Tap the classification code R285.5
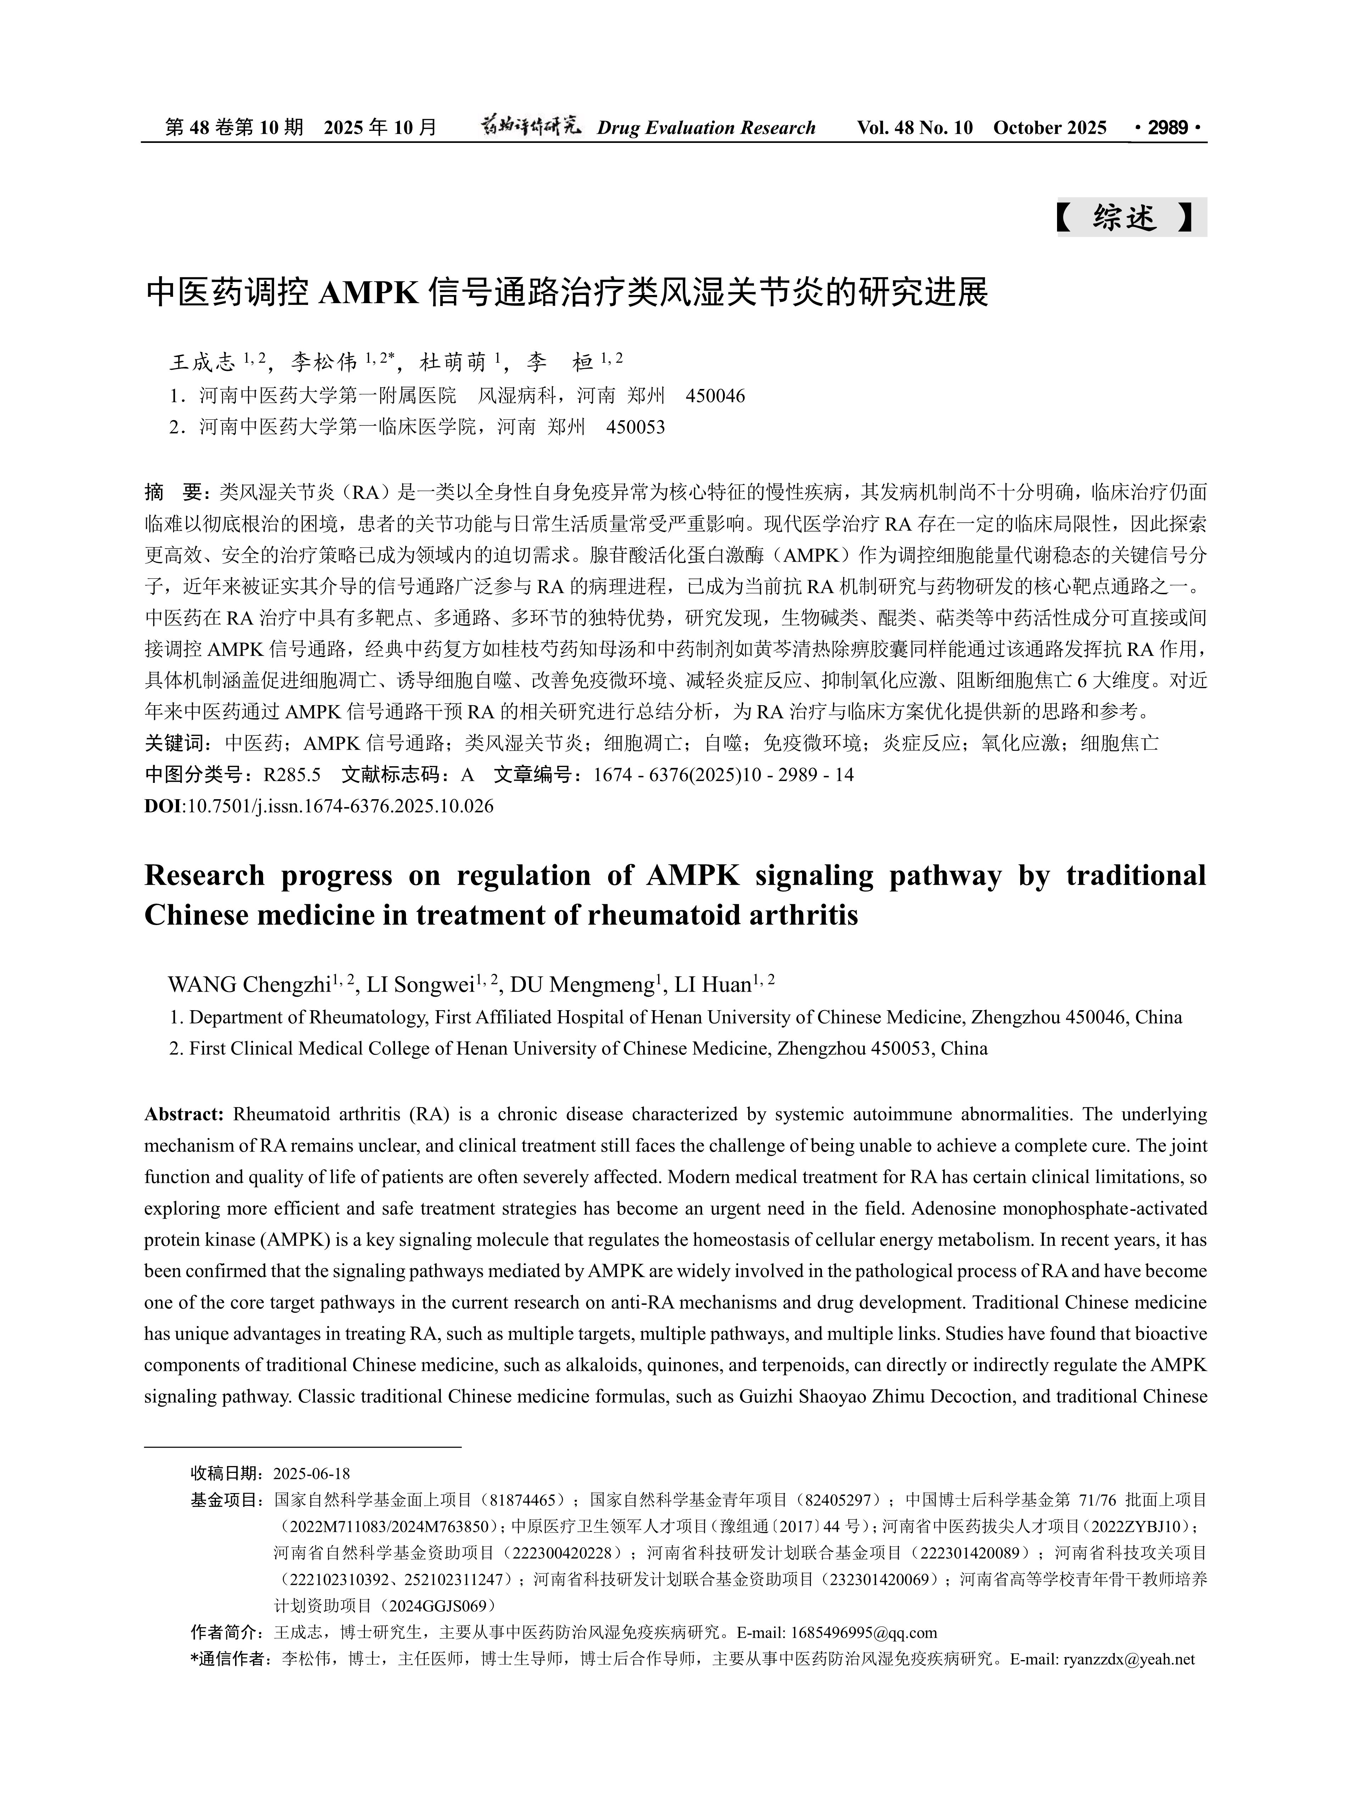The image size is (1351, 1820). [292, 774]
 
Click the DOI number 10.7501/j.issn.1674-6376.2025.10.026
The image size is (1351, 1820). [340, 806]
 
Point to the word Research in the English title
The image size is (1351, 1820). [205, 876]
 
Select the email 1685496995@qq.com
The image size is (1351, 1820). [863, 1633]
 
